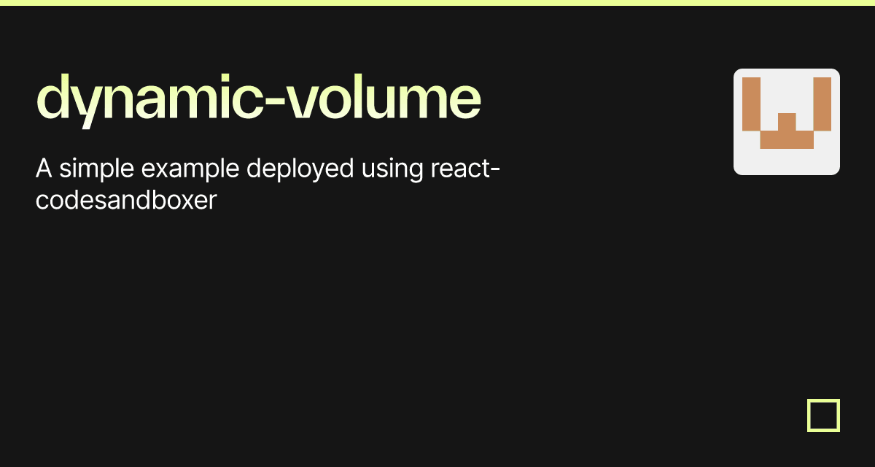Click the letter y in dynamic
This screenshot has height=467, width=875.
(x=87, y=106)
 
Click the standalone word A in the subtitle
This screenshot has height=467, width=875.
(x=44, y=169)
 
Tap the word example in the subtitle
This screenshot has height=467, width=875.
(x=190, y=171)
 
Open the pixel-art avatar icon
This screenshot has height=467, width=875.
(x=786, y=122)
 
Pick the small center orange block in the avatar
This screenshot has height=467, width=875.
(x=787, y=122)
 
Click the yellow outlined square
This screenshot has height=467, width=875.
(x=823, y=415)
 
